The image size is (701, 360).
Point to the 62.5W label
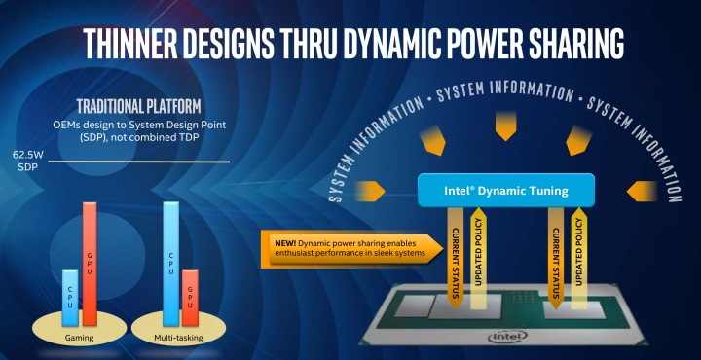click(28, 154)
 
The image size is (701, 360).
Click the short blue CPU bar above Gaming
click(69, 298)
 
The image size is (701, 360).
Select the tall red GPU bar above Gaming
click(91, 264)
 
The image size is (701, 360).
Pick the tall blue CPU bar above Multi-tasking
click(171, 264)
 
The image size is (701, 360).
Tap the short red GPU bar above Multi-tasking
click(190, 298)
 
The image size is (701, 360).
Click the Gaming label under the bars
click(81, 339)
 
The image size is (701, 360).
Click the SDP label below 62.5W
click(23, 167)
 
